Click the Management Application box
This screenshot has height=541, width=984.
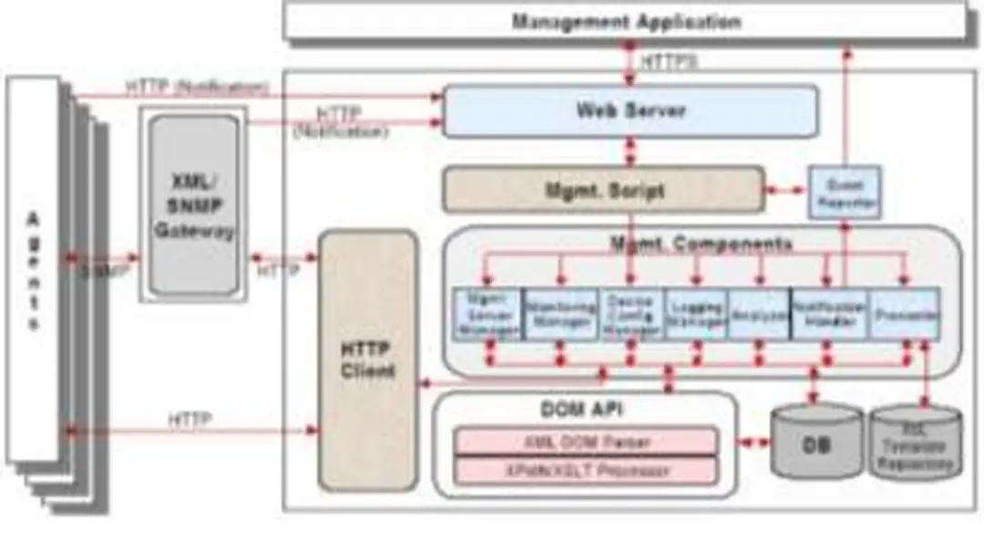point(625,21)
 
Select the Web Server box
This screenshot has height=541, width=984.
point(630,111)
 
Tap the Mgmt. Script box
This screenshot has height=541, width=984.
point(603,190)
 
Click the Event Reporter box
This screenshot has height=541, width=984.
point(845,192)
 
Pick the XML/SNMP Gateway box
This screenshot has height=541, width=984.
point(193,205)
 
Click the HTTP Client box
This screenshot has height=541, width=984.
point(367,360)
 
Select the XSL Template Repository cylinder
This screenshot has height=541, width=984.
point(915,444)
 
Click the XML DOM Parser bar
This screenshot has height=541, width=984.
point(586,442)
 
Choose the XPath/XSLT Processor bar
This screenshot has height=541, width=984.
point(586,471)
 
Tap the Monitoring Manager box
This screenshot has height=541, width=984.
point(561,314)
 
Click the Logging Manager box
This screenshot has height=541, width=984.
point(696,314)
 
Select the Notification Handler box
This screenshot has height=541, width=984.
point(828,314)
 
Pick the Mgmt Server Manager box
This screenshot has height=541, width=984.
point(488,314)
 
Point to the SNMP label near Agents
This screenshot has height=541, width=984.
point(102,270)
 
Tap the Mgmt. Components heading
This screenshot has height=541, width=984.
point(700,244)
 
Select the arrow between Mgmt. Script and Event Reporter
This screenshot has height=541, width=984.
point(786,191)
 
